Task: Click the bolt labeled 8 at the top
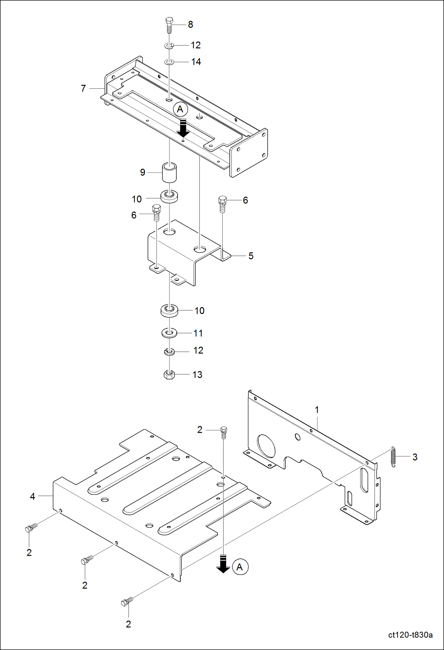[x=169, y=25]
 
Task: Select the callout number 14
[x=196, y=62]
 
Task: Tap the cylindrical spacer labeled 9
[x=169, y=172]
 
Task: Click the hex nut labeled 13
[x=169, y=375]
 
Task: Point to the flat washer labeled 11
[x=169, y=333]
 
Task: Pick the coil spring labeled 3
[x=393, y=457]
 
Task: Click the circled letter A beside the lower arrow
[x=240, y=567]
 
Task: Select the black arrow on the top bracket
[x=183, y=128]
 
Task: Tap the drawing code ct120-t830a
[x=410, y=635]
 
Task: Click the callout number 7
[x=83, y=88]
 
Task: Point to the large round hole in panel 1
[x=266, y=446]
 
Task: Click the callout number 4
[x=33, y=496]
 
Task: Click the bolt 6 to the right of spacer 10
[x=222, y=204]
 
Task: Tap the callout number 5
[x=251, y=256]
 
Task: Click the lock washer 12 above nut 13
[x=169, y=352]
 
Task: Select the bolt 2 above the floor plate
[x=224, y=432]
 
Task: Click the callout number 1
[x=317, y=410]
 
